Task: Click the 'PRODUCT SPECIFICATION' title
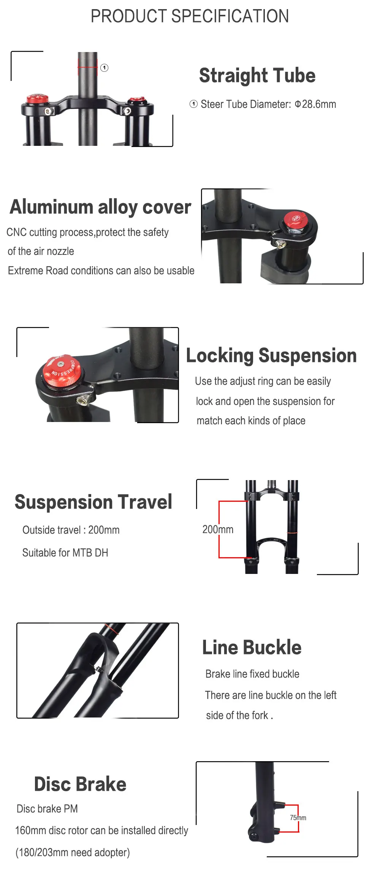coord(190,16)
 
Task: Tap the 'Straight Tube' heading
coord(257,75)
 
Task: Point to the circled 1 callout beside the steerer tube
coord(104,68)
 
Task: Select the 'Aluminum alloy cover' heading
coord(100,207)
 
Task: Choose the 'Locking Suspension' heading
coord(271,356)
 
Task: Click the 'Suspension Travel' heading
coord(93,502)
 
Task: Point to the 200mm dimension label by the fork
coord(218,529)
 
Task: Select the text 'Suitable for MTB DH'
coord(65,553)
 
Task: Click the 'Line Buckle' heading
coord(252,647)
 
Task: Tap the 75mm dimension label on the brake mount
coord(298,817)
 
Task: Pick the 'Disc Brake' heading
coord(80,784)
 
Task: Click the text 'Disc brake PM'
coord(47,809)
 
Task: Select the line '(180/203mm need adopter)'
coord(73,852)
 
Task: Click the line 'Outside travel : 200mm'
coord(71,530)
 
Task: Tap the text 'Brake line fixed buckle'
coord(252,674)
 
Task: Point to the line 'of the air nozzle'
coord(41,251)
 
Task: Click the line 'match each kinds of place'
coord(251,421)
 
